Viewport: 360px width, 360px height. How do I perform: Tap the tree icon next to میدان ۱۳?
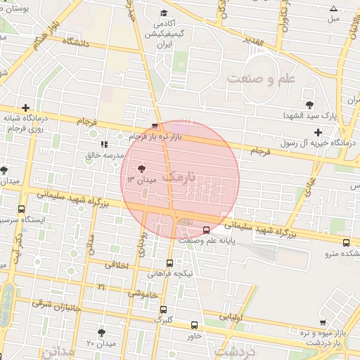(x=141, y=169)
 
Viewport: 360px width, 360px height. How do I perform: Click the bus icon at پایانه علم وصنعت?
(x=206, y=230)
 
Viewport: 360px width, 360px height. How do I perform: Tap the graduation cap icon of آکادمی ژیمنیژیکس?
(x=164, y=13)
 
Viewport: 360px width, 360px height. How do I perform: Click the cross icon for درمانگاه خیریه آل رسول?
(x=318, y=131)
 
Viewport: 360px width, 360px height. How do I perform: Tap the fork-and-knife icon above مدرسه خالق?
(x=104, y=144)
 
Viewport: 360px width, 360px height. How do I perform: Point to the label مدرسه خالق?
(x=105, y=155)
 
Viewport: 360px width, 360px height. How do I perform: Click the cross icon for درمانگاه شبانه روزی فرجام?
(x=26, y=108)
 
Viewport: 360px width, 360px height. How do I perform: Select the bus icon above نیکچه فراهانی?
(x=169, y=263)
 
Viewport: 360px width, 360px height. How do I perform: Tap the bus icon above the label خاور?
(x=195, y=325)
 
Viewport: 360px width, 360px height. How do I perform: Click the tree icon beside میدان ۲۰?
(x=102, y=332)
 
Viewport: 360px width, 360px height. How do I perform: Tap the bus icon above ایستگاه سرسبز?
(x=21, y=210)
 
